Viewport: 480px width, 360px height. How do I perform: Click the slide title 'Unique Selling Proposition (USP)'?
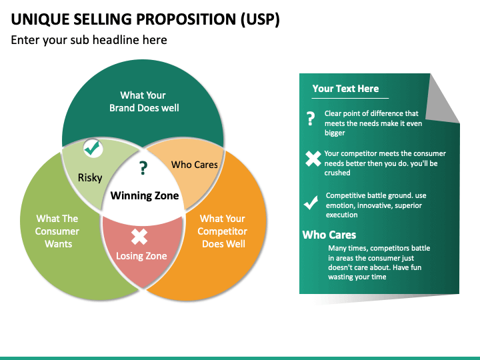(x=145, y=18)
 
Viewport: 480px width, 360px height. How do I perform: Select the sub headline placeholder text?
(x=89, y=40)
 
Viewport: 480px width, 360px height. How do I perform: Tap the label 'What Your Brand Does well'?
(x=143, y=101)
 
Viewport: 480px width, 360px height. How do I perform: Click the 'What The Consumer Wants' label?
(x=57, y=231)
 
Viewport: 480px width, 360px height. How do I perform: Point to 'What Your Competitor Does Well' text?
(x=222, y=231)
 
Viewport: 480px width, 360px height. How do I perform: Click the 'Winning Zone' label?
(x=144, y=195)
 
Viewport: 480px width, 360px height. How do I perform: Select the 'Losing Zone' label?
(x=141, y=255)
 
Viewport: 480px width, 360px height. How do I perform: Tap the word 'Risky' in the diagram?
(x=90, y=177)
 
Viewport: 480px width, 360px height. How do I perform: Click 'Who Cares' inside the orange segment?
(x=194, y=165)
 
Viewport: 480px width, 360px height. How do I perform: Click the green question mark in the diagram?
(x=143, y=169)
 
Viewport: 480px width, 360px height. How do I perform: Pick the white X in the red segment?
(x=139, y=236)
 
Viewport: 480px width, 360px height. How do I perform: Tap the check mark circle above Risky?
(x=93, y=149)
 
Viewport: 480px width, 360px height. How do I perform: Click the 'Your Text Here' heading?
(x=345, y=89)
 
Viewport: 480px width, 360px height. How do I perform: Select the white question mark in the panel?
(x=310, y=119)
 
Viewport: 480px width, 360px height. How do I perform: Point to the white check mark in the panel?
(x=311, y=203)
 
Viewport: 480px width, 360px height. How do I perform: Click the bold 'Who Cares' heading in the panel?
(x=329, y=235)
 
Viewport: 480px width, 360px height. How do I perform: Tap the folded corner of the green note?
(x=441, y=100)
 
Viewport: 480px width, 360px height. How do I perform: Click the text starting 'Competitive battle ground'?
(x=375, y=205)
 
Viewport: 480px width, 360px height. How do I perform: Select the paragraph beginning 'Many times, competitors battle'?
(x=378, y=263)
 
